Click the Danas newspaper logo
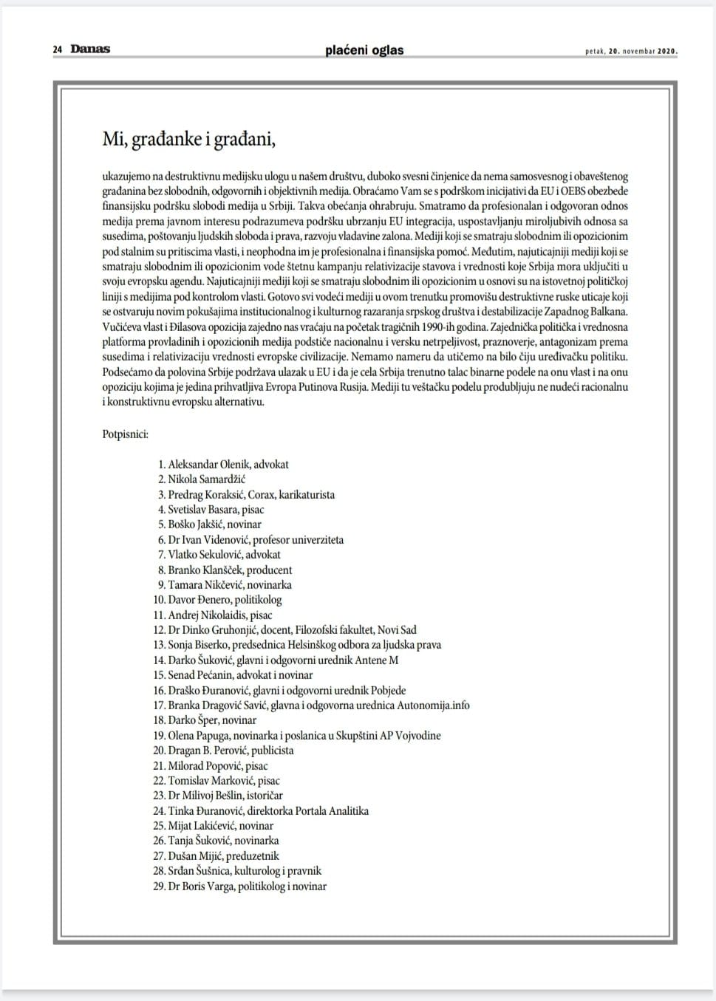coord(90,49)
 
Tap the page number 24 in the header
coord(57,49)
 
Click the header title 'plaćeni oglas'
coord(364,50)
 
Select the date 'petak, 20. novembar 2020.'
coord(631,51)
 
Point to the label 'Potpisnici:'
coord(125,434)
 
